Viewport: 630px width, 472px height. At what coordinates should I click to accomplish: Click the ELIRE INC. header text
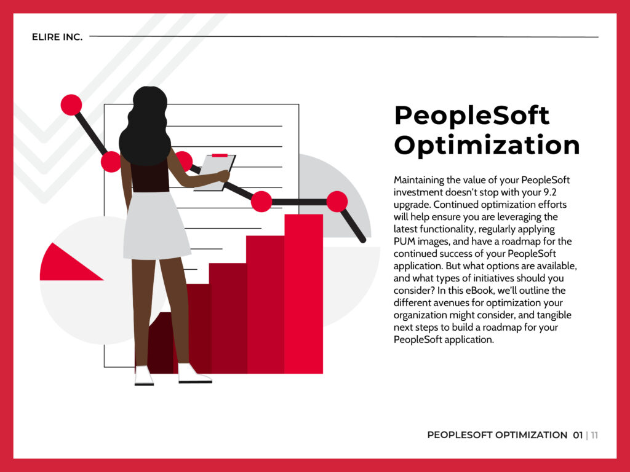click(57, 37)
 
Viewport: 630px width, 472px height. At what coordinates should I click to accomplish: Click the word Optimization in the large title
click(487, 145)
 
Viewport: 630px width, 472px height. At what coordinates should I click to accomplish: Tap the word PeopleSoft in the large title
click(472, 116)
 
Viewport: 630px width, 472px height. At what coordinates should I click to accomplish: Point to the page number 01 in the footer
click(578, 435)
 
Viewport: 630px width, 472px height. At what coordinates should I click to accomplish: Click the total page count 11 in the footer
click(594, 435)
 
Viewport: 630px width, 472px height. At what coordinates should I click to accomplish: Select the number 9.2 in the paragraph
click(549, 192)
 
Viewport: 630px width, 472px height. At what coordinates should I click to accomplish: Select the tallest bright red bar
click(303, 294)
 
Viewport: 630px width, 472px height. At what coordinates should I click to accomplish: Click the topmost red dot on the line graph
click(71, 104)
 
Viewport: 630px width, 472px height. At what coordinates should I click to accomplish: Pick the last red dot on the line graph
click(337, 202)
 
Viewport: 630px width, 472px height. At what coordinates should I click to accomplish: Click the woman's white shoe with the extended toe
click(194, 374)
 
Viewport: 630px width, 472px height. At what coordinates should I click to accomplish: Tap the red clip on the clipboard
click(220, 155)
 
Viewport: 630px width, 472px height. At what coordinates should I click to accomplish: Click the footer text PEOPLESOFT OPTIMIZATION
click(497, 435)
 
